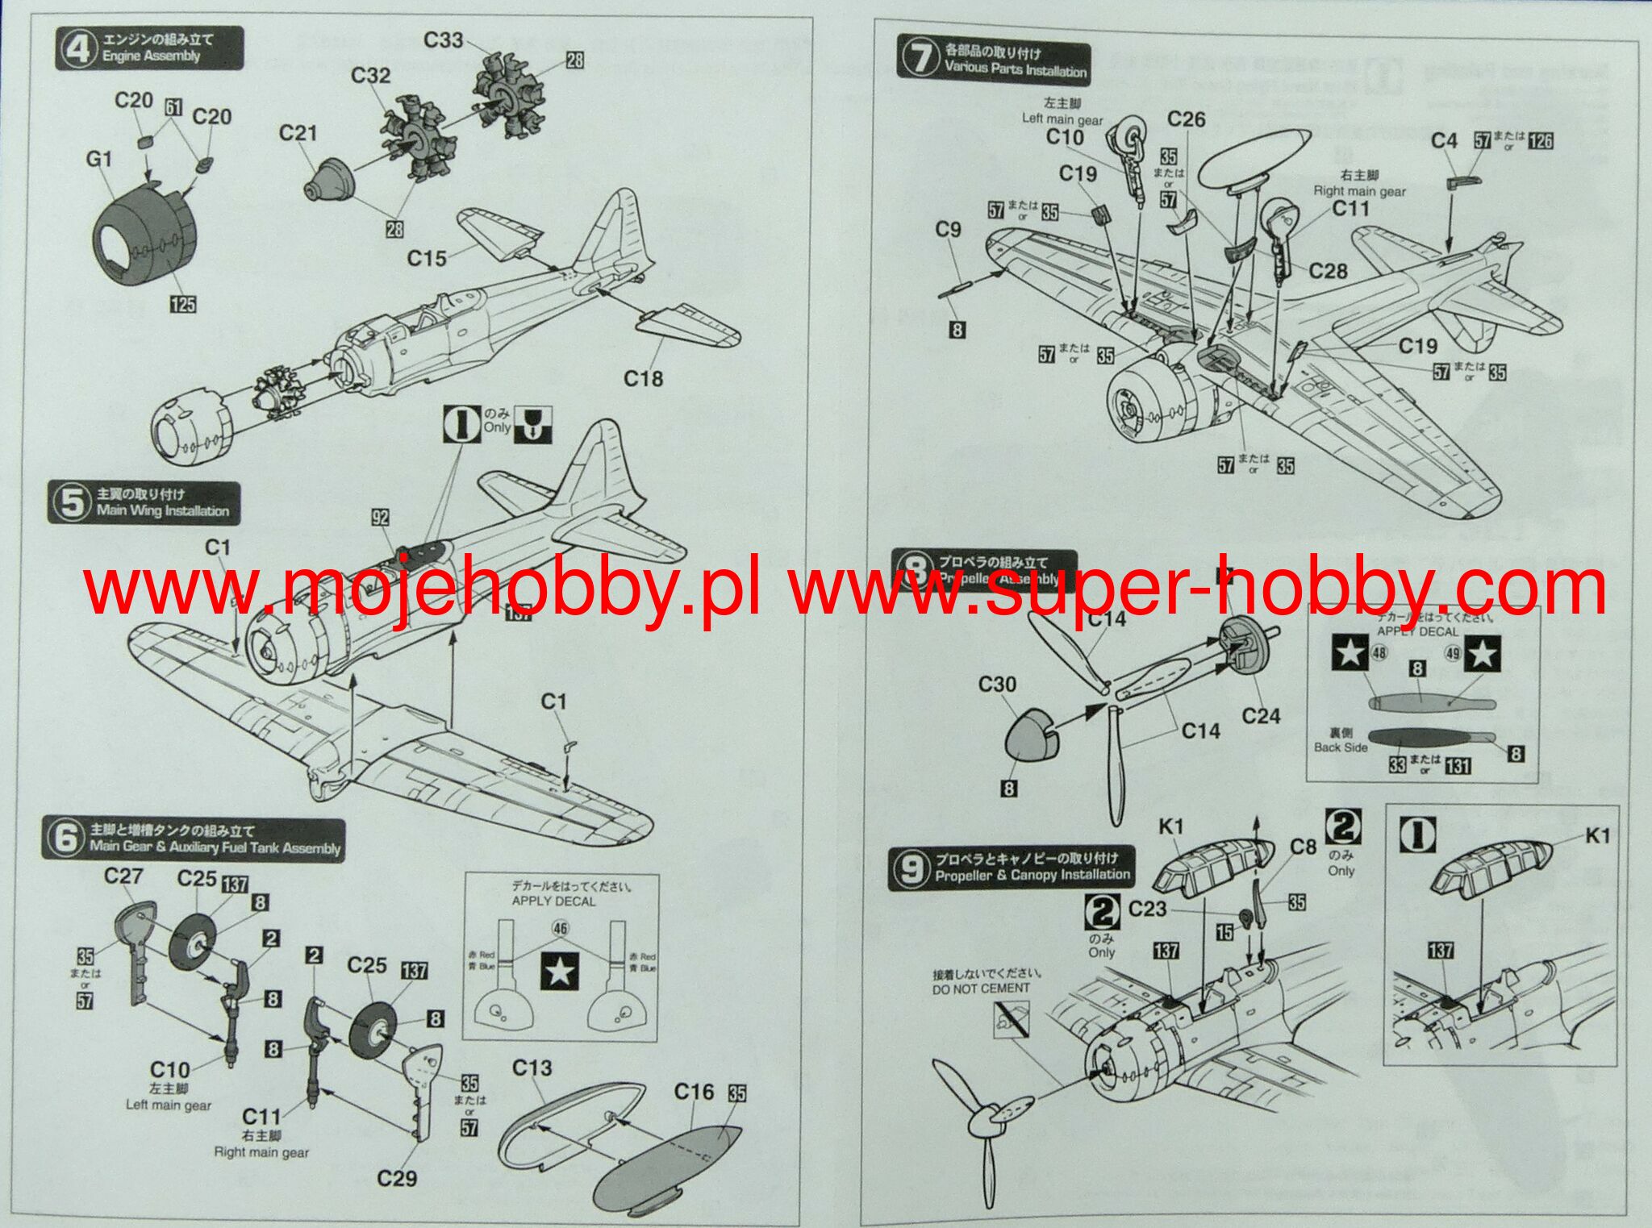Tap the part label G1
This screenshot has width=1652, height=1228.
tap(98, 160)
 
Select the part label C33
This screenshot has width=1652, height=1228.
tap(443, 40)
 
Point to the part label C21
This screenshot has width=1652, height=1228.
tap(298, 133)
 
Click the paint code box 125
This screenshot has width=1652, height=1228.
tap(183, 304)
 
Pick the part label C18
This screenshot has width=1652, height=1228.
tap(643, 378)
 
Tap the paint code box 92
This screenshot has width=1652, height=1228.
tap(380, 518)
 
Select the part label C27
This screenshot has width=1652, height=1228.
tap(123, 876)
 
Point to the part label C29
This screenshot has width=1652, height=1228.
tap(397, 1179)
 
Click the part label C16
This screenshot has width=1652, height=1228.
tap(694, 1092)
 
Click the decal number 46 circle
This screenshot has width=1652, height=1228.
tap(560, 929)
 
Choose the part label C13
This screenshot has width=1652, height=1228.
tap(532, 1068)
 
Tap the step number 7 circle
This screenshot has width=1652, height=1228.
tap(920, 60)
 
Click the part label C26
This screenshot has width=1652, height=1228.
tap(1186, 119)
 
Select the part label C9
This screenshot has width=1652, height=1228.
tap(948, 230)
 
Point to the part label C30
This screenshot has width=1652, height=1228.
tap(997, 685)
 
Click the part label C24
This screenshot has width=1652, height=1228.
tap(1261, 716)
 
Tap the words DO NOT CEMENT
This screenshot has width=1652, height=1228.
tap(981, 989)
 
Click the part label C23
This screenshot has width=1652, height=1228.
tap(1147, 909)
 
